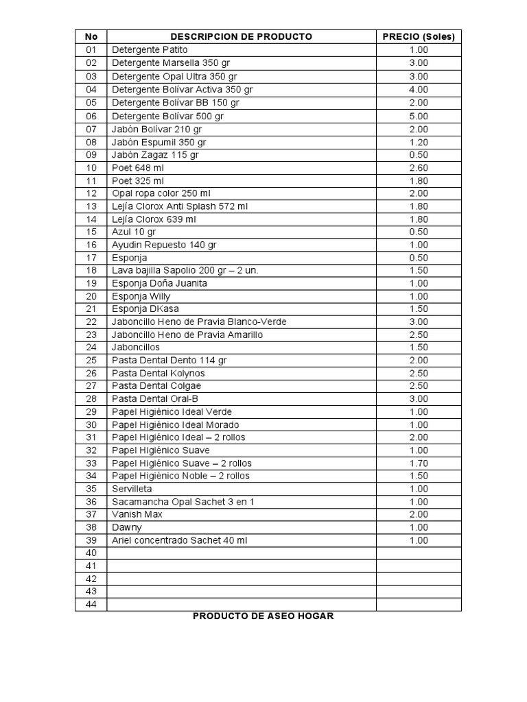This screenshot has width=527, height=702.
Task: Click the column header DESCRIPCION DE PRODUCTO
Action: [241, 36]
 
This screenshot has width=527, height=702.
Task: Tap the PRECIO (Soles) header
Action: [418, 36]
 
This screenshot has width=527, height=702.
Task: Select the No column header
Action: [91, 36]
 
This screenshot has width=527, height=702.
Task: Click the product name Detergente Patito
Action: [150, 50]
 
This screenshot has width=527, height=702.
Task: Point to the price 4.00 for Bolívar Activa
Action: [418, 89]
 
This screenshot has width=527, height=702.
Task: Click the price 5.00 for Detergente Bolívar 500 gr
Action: [418, 116]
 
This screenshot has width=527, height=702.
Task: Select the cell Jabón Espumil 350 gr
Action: [159, 142]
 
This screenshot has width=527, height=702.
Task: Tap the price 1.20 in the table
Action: [418, 142]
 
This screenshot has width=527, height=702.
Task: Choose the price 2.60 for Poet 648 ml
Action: [418, 167]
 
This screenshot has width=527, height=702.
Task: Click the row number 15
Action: [91, 232]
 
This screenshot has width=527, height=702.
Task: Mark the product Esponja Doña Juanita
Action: [159, 283]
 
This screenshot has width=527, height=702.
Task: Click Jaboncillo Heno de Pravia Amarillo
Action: [187, 335]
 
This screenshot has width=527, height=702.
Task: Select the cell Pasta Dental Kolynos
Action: [158, 373]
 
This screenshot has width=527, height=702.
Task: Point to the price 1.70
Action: [418, 463]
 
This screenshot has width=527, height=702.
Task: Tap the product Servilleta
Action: [133, 489]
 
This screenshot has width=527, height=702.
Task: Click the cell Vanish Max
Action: [137, 514]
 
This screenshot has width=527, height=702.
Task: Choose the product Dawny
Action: [127, 527]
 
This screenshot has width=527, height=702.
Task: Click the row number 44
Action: [91, 604]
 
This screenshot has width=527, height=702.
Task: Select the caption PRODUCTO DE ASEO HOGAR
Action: [263, 616]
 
